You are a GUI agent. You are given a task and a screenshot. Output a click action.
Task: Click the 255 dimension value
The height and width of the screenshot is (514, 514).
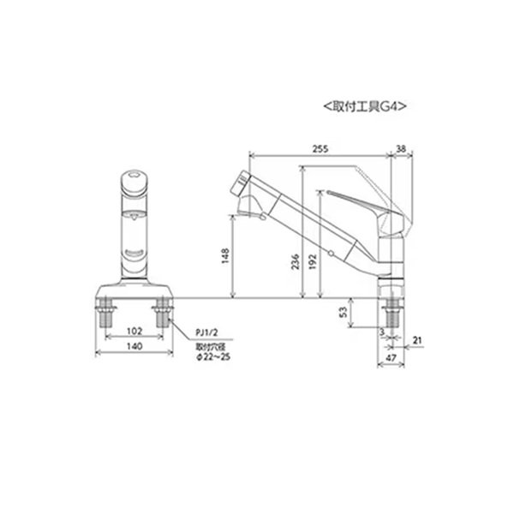pyautogui.click(x=320, y=149)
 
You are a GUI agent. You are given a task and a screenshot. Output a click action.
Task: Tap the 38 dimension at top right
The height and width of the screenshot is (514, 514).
pyautogui.click(x=401, y=149)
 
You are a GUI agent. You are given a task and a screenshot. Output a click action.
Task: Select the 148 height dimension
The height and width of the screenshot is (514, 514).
pyautogui.click(x=225, y=256)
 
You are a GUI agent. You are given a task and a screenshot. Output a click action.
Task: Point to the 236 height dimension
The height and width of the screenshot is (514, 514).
pyautogui.click(x=296, y=261)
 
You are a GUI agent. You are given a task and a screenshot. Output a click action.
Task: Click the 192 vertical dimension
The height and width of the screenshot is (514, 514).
pyautogui.click(x=313, y=261)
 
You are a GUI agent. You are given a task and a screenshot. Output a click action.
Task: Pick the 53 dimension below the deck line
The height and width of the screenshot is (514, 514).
pyautogui.click(x=344, y=312)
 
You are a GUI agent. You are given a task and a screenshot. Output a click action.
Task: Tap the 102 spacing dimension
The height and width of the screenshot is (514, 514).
pyautogui.click(x=134, y=331)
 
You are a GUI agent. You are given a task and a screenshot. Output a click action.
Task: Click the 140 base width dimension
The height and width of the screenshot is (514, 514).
pyautogui.click(x=134, y=346)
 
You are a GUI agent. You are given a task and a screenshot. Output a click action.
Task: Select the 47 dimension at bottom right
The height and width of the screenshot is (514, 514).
pyautogui.click(x=391, y=358)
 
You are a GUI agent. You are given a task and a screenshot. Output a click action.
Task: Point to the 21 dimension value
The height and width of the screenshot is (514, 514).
pyautogui.click(x=416, y=340)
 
